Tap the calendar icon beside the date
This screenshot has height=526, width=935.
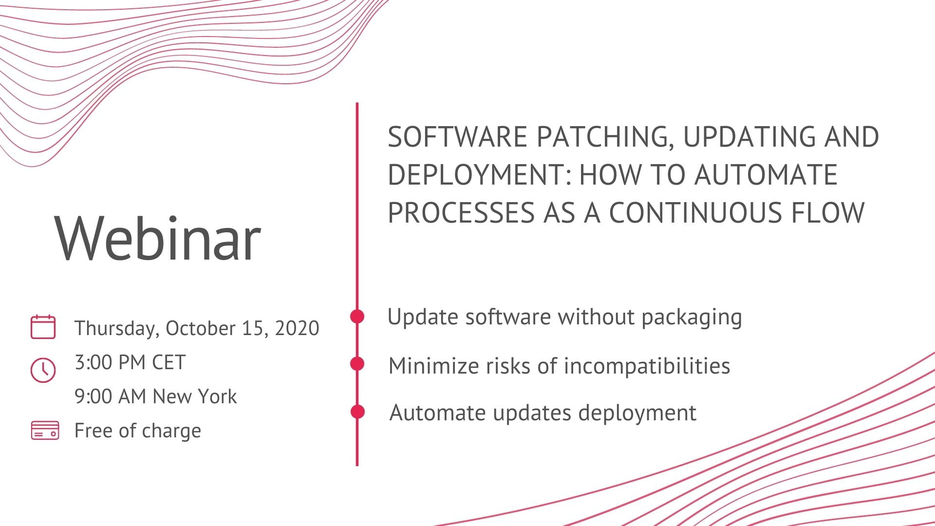click(43, 327)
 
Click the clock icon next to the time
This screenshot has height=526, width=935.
click(43, 370)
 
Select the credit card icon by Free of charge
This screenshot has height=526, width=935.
click(45, 431)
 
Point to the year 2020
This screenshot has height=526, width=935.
click(297, 328)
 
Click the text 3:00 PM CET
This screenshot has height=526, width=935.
click(130, 362)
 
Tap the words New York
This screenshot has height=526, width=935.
click(195, 396)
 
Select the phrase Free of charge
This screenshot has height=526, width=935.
click(138, 431)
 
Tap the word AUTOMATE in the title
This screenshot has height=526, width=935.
click(766, 175)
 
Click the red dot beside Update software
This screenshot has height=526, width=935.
click(357, 316)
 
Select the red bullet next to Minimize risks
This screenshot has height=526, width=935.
click(357, 364)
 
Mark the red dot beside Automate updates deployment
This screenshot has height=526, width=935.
click(357, 412)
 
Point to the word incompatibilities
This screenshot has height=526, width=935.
click(647, 366)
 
